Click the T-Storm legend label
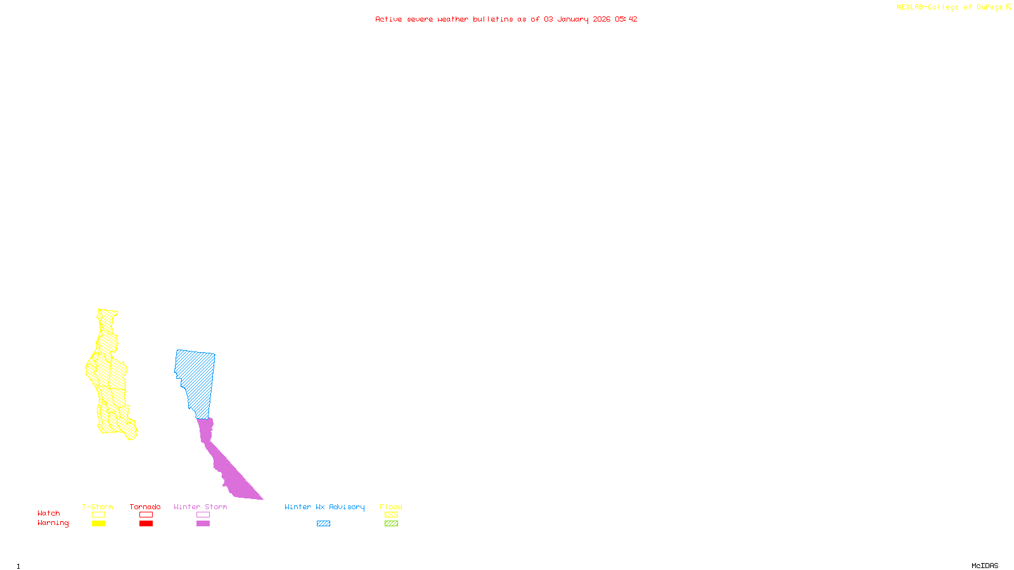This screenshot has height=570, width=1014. coord(98,507)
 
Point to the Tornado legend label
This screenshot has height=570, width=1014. coord(145,507)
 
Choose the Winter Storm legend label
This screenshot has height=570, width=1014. coord(200,507)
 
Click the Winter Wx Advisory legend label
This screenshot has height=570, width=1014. coord(324,507)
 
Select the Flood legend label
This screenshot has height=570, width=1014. coord(391,507)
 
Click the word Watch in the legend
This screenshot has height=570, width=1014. coord(49,513)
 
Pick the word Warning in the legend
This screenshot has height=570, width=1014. coord(53,523)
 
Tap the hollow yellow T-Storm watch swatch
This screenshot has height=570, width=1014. coord(98,515)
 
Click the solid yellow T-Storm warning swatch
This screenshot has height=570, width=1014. coord(98,524)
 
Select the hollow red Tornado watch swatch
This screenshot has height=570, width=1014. coord(146,515)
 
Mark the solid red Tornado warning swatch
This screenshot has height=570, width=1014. coord(146,524)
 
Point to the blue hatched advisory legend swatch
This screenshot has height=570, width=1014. coord(323,524)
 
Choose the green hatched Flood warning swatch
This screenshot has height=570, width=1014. coord(391,524)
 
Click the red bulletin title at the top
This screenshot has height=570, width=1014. coord(506,19)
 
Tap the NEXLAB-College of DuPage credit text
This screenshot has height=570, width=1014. coord(950,8)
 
